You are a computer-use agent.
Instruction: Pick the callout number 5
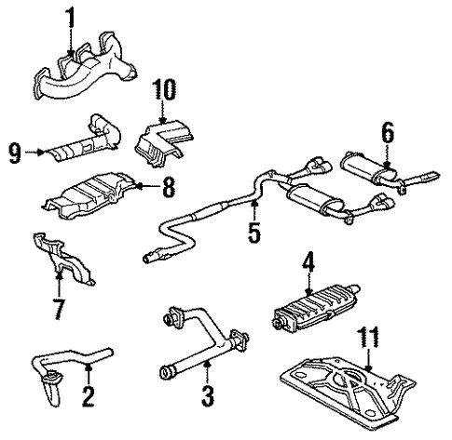point(253,230)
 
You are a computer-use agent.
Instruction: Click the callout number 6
point(386,133)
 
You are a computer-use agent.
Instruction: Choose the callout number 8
point(168,187)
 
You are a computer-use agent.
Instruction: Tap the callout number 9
point(15,151)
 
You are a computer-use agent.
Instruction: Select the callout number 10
point(165,90)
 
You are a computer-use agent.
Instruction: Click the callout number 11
point(371,336)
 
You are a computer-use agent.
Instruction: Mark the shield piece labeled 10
point(160,136)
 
